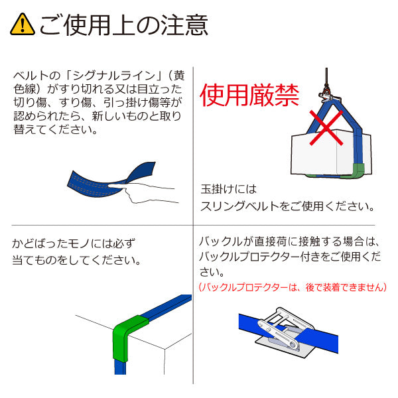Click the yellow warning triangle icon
pyautogui.click(x=23, y=25)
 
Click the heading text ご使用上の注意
pyautogui.click(x=123, y=25)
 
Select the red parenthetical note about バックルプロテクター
pyautogui.click(x=293, y=287)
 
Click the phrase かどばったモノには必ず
pyautogui.click(x=74, y=242)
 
